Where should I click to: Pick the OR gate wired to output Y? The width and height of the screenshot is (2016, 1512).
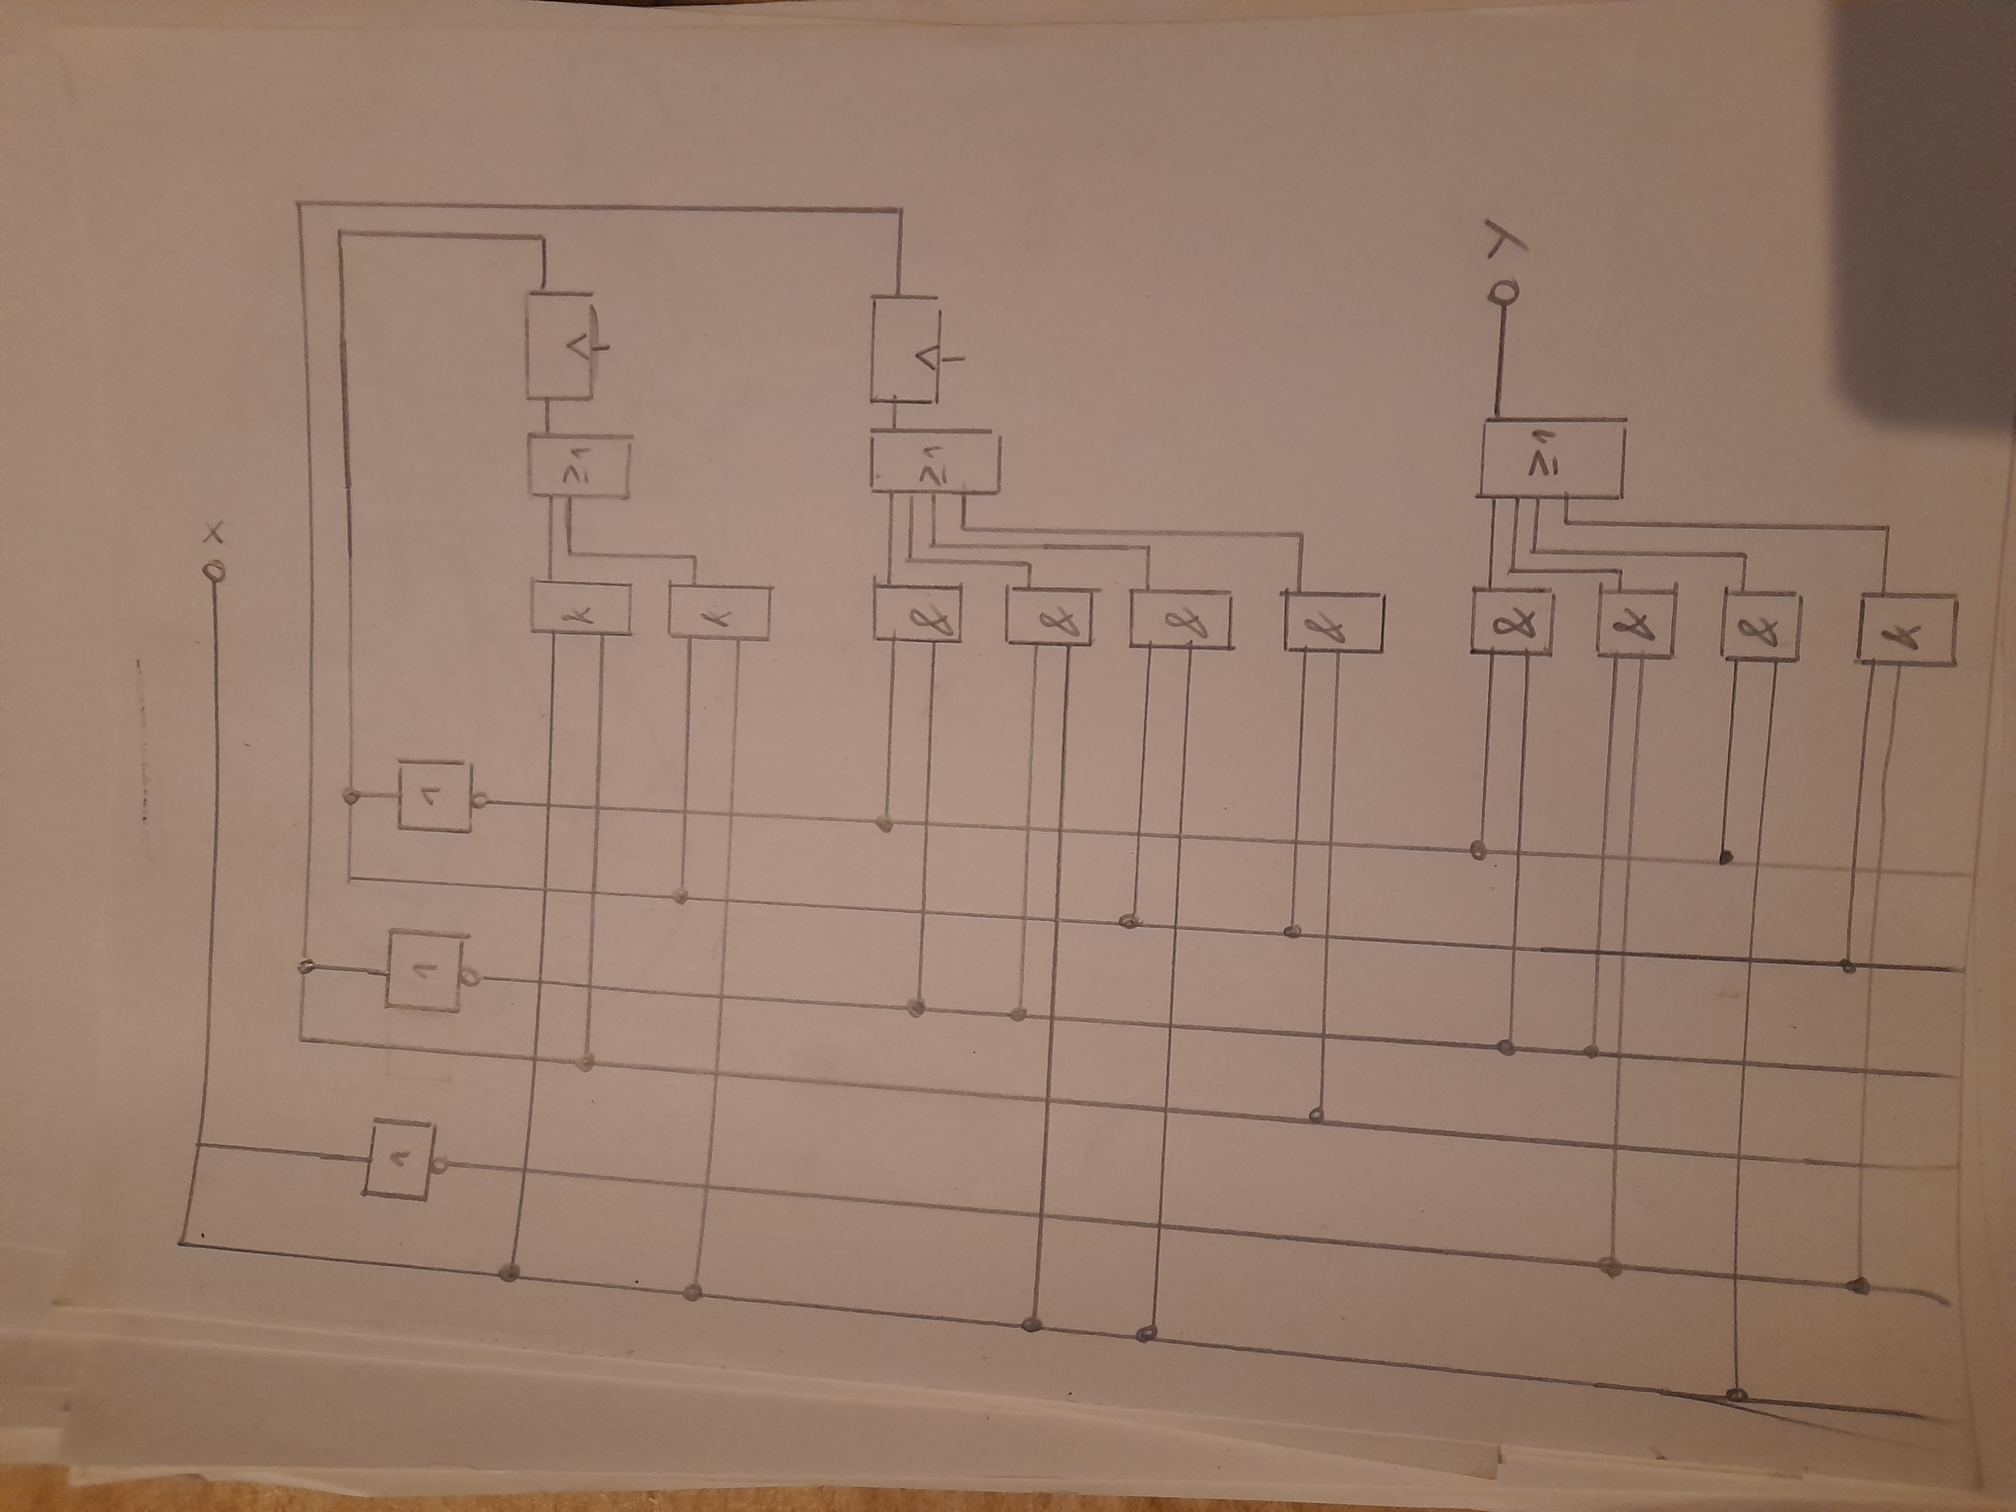[x=1549, y=459]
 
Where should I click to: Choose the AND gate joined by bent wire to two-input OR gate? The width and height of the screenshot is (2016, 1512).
[x=719, y=611]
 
